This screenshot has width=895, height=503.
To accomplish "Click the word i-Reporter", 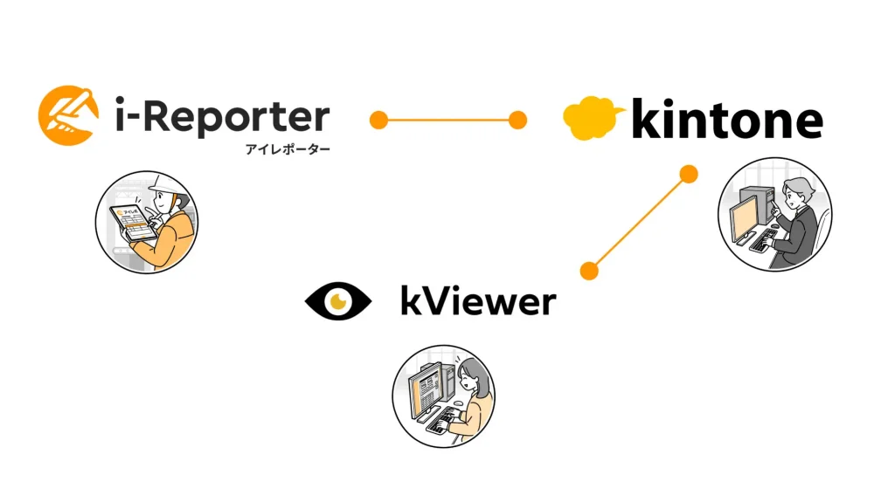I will [222, 117].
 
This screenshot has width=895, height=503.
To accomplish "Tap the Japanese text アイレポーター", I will [288, 149].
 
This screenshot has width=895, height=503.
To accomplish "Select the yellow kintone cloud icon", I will [593, 118].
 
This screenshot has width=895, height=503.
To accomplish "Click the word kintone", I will [725, 120].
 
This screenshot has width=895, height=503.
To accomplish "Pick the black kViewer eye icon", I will [337, 301].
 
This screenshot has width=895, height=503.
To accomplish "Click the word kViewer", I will [477, 302].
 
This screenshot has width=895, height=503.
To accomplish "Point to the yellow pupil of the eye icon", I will [336, 301].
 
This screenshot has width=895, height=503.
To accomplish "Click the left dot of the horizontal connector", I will [378, 120].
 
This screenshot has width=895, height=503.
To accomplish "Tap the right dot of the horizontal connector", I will [517, 120].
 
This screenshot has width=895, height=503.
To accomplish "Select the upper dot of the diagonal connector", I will [689, 174].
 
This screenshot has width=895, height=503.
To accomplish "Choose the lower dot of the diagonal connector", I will [590, 271].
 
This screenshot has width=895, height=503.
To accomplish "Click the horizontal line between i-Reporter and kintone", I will [447, 120].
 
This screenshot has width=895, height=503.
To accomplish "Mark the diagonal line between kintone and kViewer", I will [639, 223].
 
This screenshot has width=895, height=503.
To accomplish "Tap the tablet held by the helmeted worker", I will [132, 225].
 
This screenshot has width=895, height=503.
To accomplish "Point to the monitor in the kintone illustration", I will [746, 217].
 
